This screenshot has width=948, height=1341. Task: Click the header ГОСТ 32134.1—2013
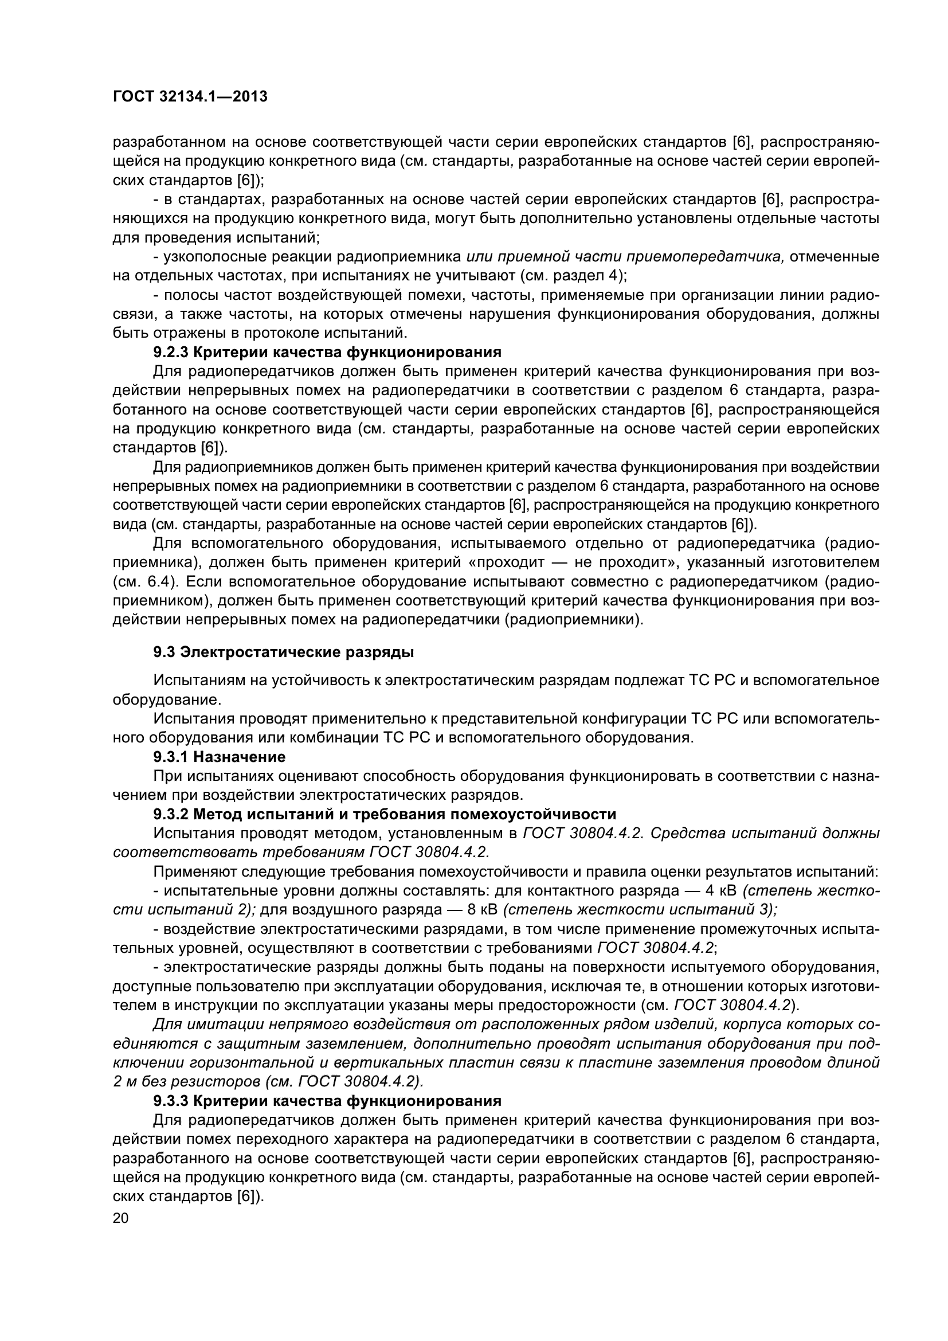pyautogui.click(x=190, y=97)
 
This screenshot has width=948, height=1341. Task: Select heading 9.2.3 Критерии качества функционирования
pyautogui.click(x=327, y=352)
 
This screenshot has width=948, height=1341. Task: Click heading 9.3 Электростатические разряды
pyautogui.click(x=283, y=652)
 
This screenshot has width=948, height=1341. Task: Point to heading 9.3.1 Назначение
pyautogui.click(x=219, y=757)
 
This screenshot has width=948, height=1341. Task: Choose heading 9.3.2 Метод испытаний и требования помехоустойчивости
pyautogui.click(x=384, y=814)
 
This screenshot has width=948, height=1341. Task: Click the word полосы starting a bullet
pyautogui.click(x=190, y=295)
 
